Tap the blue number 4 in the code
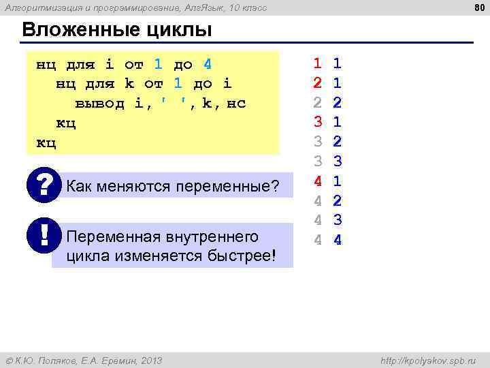coord(207,65)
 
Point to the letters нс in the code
coord(235,104)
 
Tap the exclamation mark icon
coord(44,235)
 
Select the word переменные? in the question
coord(235,186)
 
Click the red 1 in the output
coord(317,64)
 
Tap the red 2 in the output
coord(317,84)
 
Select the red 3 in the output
coord(317,123)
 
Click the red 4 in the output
coord(317,182)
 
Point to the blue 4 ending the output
coord(338,241)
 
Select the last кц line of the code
coord(46,143)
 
